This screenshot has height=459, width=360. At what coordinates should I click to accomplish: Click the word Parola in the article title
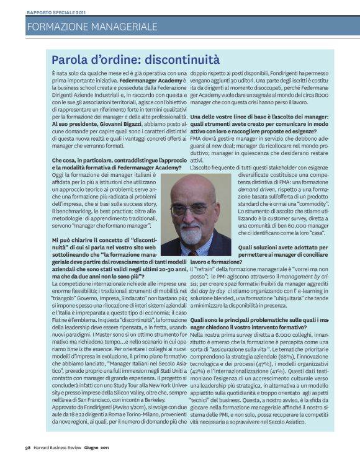coord(73,60)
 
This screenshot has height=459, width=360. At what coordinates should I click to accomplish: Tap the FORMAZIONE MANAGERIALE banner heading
coord(92,27)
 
